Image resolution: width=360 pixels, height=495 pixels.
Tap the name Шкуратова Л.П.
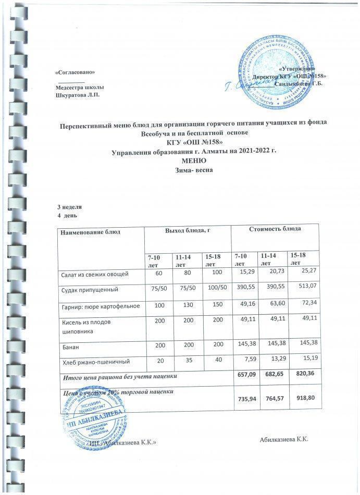click(77, 94)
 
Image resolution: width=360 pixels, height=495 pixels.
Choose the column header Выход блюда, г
click(187, 230)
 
